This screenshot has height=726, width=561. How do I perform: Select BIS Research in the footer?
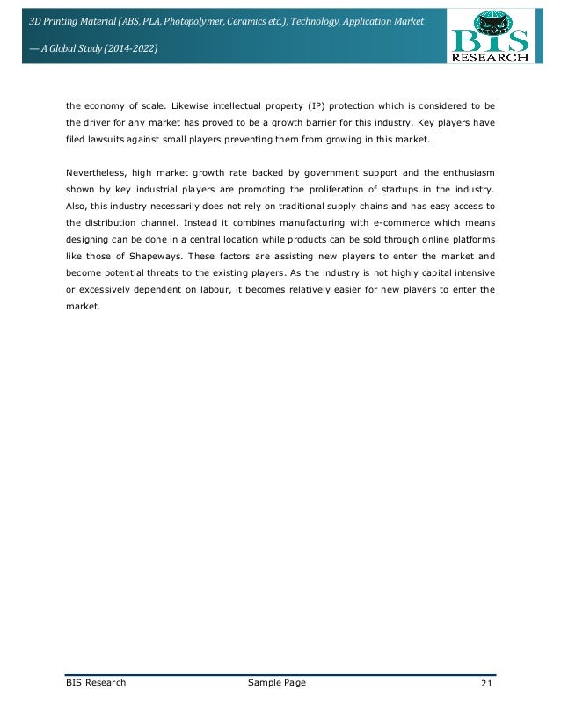tap(96, 683)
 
